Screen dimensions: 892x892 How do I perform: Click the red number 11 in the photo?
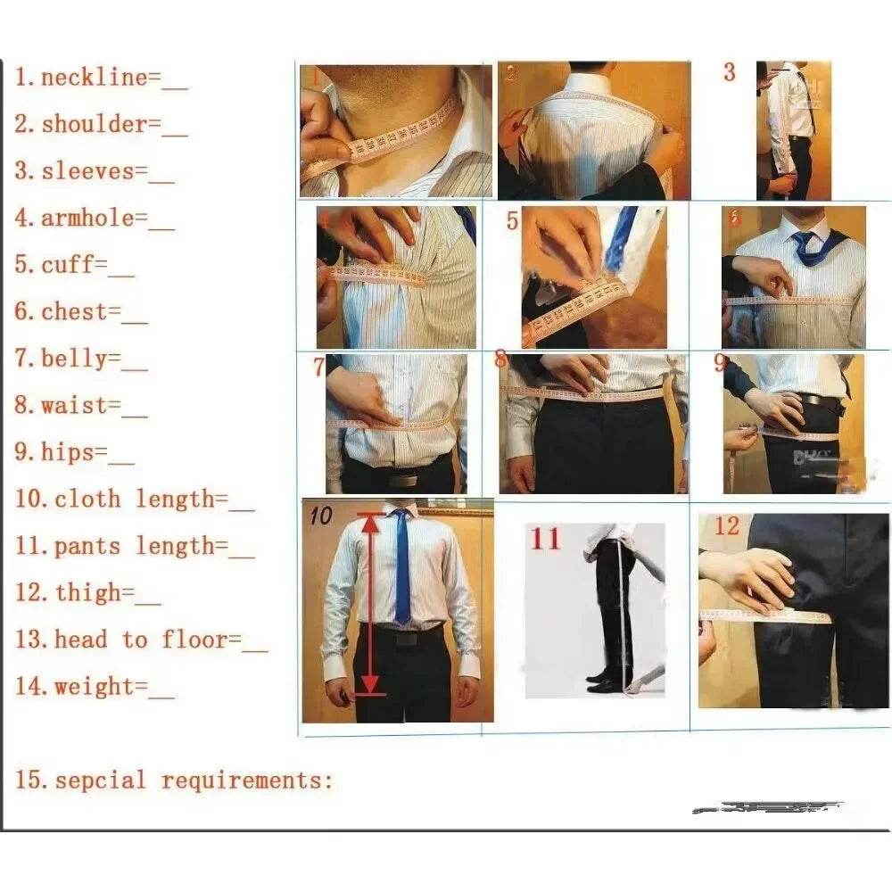(546, 539)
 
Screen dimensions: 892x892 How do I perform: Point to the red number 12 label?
(727, 526)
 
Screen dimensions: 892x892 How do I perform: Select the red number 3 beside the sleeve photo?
(729, 73)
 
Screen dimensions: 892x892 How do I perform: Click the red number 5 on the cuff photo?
(512, 220)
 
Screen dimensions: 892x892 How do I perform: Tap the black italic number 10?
(321, 515)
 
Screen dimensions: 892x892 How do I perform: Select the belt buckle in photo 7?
(403, 480)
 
